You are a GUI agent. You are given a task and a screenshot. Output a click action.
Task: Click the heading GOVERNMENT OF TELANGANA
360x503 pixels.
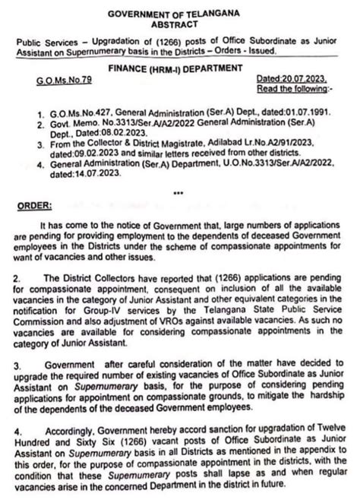[179, 14]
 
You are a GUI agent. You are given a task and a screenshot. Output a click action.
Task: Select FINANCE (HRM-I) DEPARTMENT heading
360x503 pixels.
[179, 68]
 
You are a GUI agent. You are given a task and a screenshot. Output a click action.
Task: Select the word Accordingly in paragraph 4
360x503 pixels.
[72, 431]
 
